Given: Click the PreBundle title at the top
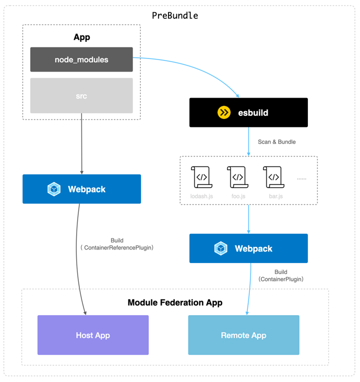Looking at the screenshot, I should (x=175, y=16).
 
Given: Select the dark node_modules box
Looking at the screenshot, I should (x=81, y=59).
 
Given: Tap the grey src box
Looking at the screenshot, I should (x=81, y=96).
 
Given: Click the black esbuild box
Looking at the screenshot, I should (x=248, y=113).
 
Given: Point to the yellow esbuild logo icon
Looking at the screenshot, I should (x=224, y=113).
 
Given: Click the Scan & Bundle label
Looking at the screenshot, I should (x=277, y=142).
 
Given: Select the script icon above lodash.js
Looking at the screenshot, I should (x=201, y=177).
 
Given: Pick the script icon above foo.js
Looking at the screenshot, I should (x=237, y=177).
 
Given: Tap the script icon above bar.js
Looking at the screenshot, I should (x=273, y=177).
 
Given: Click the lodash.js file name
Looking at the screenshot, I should (x=201, y=197).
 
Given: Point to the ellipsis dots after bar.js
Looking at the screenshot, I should (x=302, y=178).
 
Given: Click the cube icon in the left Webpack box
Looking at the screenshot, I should (x=54, y=189).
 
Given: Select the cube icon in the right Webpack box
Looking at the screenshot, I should (x=221, y=248).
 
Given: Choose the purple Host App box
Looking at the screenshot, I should (x=93, y=335).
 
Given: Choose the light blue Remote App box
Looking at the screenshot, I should (x=244, y=335).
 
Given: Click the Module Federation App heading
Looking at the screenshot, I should (x=175, y=303).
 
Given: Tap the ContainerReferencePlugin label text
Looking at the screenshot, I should (x=117, y=248).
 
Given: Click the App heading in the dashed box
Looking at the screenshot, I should (x=81, y=37).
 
